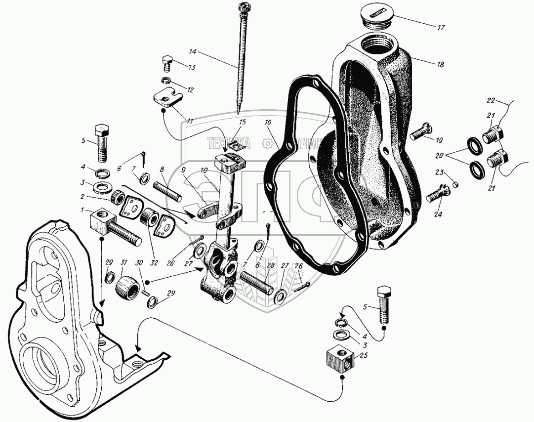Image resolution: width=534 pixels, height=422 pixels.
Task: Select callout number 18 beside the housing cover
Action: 440,65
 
